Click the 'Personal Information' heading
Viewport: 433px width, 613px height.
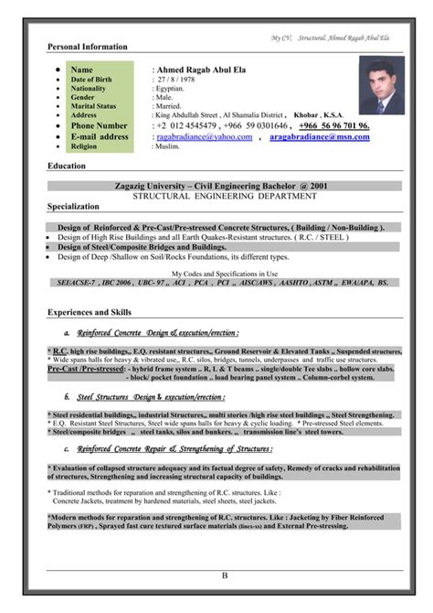88,47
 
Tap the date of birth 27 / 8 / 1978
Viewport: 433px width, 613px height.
175,81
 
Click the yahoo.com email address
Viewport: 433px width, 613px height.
205,136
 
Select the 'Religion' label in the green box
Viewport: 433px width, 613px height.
86,146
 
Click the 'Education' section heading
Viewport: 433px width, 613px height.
67,166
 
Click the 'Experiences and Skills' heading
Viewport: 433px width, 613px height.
90,313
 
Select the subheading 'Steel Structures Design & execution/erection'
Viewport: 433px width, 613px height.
151,397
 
